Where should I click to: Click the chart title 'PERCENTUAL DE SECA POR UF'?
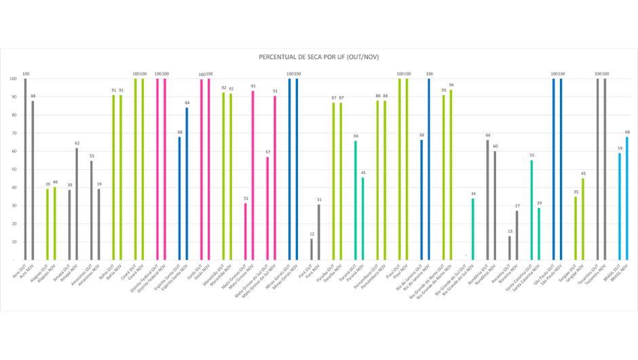point(318,58)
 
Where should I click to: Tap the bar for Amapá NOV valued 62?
point(77,204)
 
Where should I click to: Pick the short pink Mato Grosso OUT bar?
point(246,232)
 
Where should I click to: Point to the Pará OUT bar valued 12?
point(312,249)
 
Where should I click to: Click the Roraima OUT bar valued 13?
point(510,248)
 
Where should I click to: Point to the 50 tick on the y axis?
point(13,169)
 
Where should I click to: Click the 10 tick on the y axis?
point(13,242)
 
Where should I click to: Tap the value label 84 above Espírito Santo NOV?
point(187,103)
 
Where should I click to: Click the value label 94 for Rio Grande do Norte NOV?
point(451,85)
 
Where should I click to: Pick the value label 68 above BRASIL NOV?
point(627,132)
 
